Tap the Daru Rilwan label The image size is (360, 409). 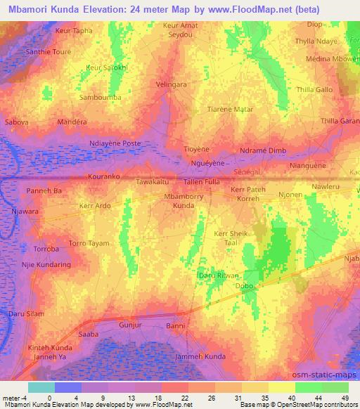pyautogui.click(x=218, y=276)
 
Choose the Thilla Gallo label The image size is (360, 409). pyautogui.click(x=314, y=90)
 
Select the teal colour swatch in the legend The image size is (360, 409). pyautogui.click(x=41, y=387)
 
